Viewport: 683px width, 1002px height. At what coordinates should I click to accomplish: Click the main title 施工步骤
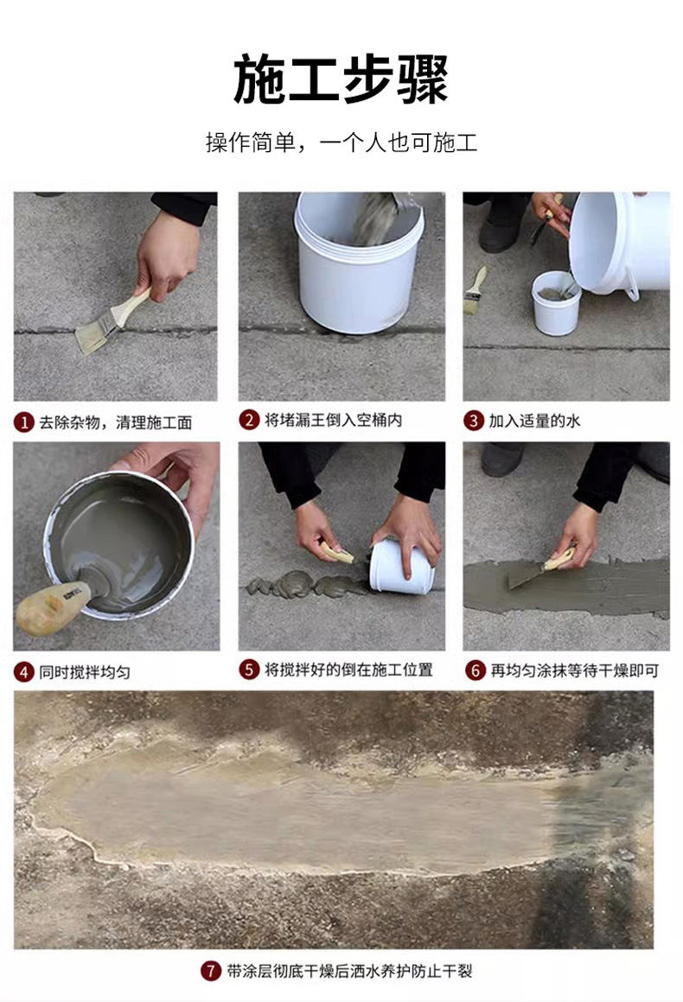pos(341,79)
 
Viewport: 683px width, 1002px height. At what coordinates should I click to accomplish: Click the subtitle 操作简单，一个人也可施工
pos(341,143)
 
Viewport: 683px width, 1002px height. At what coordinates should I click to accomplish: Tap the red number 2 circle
pos(249,421)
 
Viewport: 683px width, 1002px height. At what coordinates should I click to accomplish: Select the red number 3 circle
pos(473,421)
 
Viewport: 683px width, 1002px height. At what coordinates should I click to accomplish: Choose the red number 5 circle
pos(249,669)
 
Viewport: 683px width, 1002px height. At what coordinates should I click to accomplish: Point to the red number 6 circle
pos(475,670)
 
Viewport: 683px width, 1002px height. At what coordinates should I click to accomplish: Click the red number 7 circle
pos(211,971)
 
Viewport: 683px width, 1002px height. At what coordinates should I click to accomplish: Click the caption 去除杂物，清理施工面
pos(116,422)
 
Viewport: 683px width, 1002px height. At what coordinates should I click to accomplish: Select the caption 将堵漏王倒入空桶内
pos(333,421)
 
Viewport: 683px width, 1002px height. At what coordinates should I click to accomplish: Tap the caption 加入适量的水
pos(534,421)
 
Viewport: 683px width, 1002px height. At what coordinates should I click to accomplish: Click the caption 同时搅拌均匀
pos(85,671)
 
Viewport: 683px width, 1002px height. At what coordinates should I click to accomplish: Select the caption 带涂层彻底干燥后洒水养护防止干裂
pos(350,971)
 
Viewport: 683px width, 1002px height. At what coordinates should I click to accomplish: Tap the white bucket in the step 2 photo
pos(356,268)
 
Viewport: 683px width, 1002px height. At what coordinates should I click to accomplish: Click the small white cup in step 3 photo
pos(555,303)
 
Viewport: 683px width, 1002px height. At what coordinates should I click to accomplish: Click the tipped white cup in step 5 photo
pos(399,567)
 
